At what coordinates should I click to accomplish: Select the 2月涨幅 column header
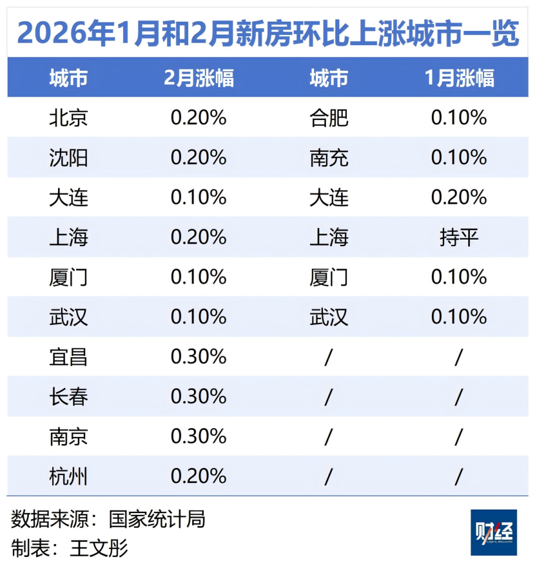[x=199, y=78]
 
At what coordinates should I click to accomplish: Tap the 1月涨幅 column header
[x=459, y=78]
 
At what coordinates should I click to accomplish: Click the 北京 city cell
[x=69, y=118]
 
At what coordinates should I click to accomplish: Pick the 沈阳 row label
[x=69, y=158]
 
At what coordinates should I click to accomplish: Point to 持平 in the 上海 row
[x=459, y=237]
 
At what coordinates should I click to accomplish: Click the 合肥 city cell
[x=329, y=118]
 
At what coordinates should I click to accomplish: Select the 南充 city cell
[x=329, y=158]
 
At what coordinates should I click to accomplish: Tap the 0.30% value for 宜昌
[x=199, y=357]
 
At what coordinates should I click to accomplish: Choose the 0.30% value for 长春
[x=199, y=396]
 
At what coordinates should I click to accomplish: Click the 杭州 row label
[x=69, y=476]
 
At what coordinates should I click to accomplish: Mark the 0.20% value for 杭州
[x=199, y=476]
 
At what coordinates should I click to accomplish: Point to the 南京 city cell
[x=69, y=436]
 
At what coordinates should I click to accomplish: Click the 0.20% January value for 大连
[x=459, y=197]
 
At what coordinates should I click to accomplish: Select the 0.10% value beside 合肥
[x=459, y=118]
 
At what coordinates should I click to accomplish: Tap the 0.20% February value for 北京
[x=199, y=118]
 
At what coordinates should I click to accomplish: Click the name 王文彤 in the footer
[x=99, y=548]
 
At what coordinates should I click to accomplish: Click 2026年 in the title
[x=61, y=34]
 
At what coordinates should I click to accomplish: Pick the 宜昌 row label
[x=69, y=357]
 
